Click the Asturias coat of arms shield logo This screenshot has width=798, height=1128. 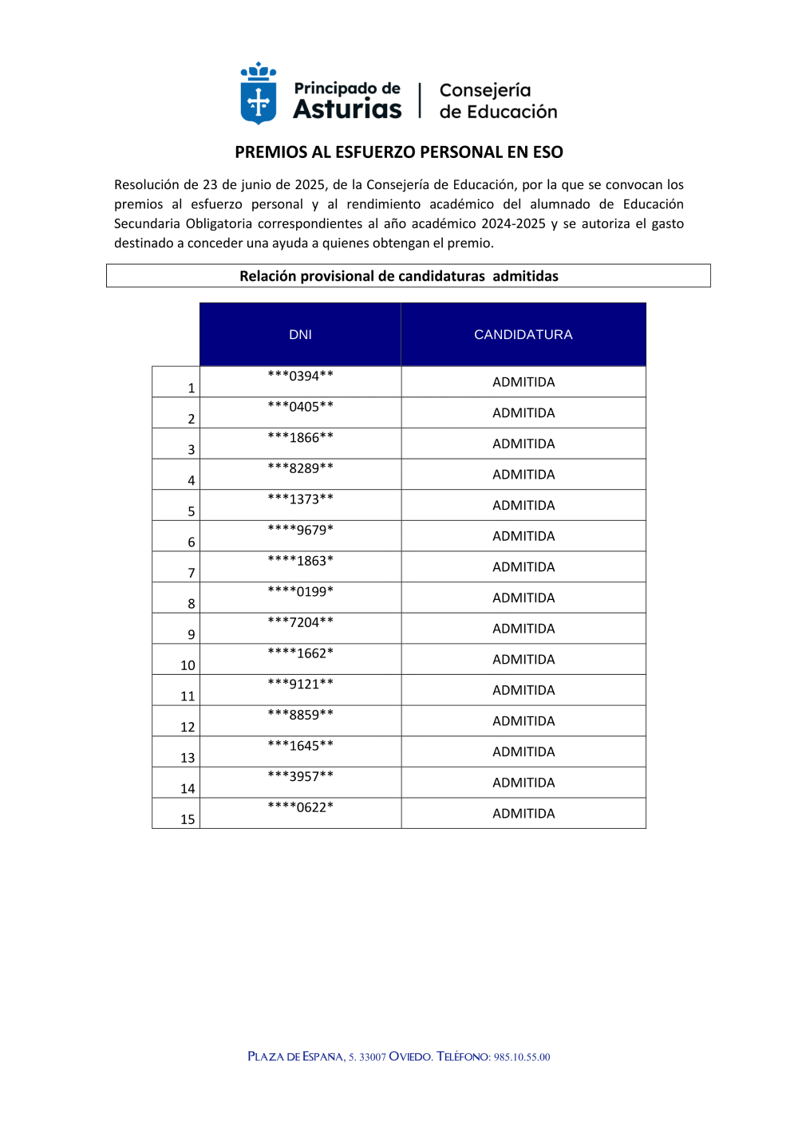[259, 94]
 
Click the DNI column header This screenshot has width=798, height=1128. [300, 334]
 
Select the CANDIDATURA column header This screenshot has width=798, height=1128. [523, 334]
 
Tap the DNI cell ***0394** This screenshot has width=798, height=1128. [301, 376]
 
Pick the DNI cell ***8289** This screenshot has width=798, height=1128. [301, 468]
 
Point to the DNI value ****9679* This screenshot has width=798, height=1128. [301, 530]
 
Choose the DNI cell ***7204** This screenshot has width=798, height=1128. [301, 622]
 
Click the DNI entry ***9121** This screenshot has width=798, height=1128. [301, 684]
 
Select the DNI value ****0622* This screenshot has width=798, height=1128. [301, 807]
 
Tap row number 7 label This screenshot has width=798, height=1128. [192, 573]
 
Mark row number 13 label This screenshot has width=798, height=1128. [188, 758]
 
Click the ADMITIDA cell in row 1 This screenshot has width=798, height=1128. [523, 382]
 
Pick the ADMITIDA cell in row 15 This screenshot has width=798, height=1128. [523, 814]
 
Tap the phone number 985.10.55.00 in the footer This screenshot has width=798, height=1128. [522, 1057]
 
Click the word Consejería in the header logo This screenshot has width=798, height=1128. [485, 90]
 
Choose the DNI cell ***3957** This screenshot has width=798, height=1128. [301, 776]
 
